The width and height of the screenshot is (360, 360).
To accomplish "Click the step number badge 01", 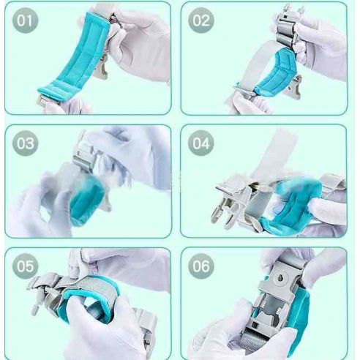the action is pos(25,20).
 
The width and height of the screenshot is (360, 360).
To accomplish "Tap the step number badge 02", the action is pos(201,20).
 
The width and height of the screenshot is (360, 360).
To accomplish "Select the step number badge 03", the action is pos(25,143).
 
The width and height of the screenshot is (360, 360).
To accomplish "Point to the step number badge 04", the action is pos(201,143).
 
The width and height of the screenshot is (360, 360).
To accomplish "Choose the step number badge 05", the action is pos(25,266).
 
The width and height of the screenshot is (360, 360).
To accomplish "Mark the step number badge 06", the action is pos(201,266).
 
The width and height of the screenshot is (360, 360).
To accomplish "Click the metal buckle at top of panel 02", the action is pos(288,27).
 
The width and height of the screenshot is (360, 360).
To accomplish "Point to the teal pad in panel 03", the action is pos(86,200).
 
